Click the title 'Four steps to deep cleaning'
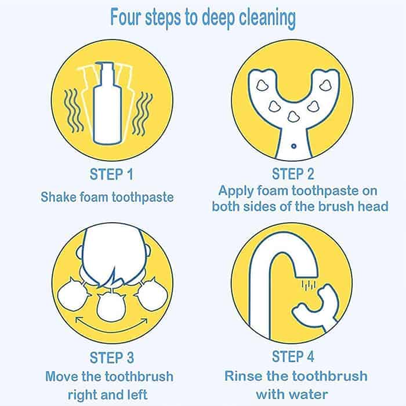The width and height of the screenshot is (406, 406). click(203, 17)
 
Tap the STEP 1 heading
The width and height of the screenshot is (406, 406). click(111, 174)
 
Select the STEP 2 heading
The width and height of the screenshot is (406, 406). click(293, 174)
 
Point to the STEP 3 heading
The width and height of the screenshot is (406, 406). click(112, 358)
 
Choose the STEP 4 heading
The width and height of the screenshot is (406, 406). click(293, 356)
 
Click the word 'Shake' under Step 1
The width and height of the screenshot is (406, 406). click(59, 197)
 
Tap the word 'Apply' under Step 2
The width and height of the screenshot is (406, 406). click(235, 191)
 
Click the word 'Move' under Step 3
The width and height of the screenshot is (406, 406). click(61, 376)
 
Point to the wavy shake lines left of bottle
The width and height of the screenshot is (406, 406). click(72, 111)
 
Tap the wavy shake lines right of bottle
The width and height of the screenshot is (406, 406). click(142, 114)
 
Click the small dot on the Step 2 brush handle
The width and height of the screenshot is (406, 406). click(293, 146)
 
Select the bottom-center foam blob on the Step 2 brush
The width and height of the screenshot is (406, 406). click(293, 117)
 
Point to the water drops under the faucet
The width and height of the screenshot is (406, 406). click(309, 285)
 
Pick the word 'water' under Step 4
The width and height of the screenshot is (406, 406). click(309, 394)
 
